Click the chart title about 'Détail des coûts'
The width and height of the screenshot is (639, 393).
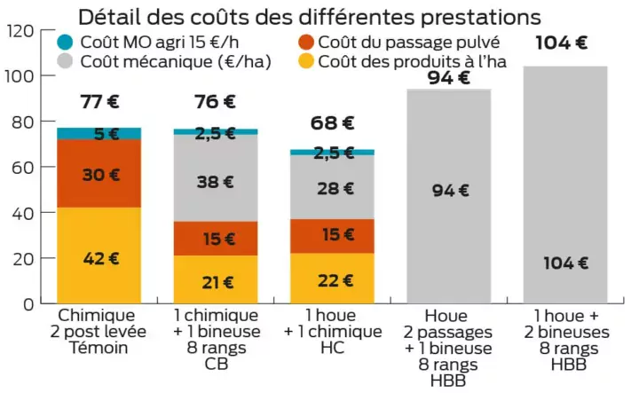tap(309, 16)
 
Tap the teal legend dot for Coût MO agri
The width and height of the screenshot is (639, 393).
tap(65, 42)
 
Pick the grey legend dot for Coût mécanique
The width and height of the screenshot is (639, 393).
tap(65, 61)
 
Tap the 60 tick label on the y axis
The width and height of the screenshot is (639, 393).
tap(25, 168)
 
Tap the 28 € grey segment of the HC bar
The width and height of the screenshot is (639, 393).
tap(332, 187)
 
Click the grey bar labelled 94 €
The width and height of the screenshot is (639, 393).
tap(449, 196)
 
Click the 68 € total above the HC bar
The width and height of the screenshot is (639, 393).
tap(332, 123)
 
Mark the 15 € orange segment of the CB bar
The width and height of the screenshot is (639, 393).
tap(216, 239)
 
